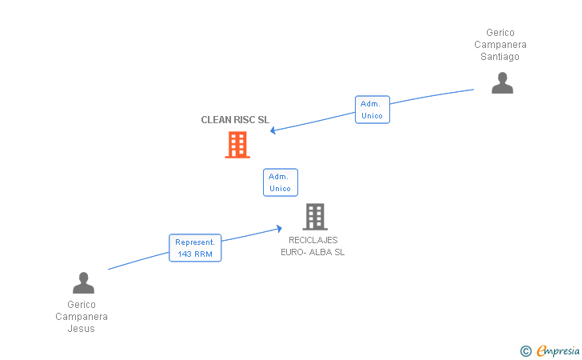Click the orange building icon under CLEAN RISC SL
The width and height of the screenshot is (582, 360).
tap(237, 145)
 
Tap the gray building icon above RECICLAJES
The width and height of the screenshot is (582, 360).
tap(315, 217)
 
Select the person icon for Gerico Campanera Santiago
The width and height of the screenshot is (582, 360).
tap(502, 83)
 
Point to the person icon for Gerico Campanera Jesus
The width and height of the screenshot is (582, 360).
tap(83, 283)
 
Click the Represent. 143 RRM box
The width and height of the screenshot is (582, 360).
tap(195, 248)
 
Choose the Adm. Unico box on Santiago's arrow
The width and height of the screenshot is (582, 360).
tap(372, 110)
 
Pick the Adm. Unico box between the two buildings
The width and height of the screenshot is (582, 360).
tap(280, 182)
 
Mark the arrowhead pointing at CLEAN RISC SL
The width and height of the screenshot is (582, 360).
tap(273, 130)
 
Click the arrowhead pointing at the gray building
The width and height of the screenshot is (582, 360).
tap(278, 228)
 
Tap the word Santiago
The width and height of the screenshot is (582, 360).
tap(500, 57)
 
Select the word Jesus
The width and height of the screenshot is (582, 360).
tap(82, 329)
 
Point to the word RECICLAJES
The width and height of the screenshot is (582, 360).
tap(313, 240)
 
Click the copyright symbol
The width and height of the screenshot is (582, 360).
tap(525, 350)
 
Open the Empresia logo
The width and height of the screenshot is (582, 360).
tap(558, 350)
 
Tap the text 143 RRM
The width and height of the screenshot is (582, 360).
tap(195, 254)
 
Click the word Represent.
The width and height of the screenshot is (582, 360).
tap(195, 242)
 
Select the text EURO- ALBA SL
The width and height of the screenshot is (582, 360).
tap(313, 252)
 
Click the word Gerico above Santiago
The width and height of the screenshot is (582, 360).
tap(500, 33)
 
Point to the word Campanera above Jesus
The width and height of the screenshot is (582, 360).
tap(82, 317)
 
